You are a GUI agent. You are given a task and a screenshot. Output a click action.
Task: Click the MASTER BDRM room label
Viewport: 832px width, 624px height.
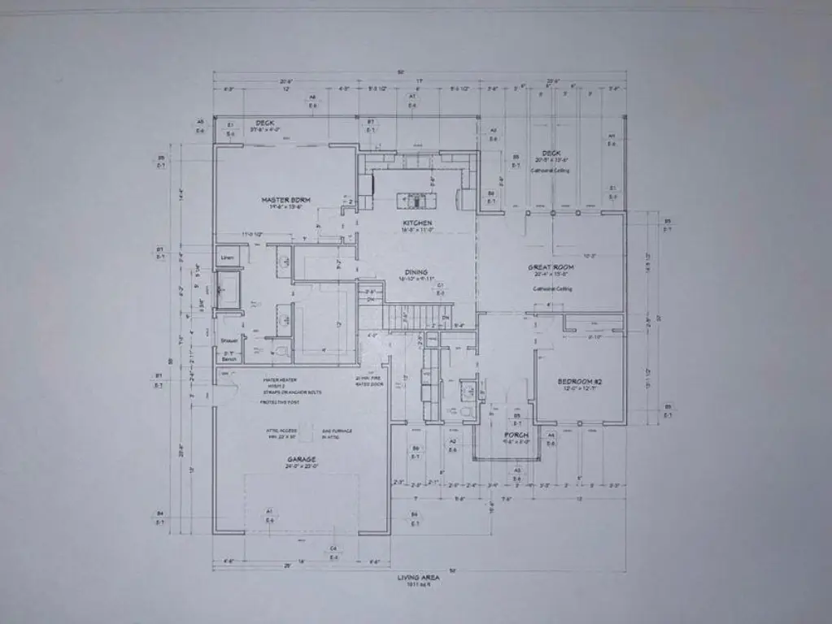[x=281, y=200]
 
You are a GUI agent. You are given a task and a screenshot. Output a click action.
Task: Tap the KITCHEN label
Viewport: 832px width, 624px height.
[x=416, y=223]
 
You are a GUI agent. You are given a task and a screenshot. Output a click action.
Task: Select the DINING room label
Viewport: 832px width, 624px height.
[x=416, y=273]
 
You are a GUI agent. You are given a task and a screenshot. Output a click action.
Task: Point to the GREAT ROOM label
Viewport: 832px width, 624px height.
[x=552, y=267]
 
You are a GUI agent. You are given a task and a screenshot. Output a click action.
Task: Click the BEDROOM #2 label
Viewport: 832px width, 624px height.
[x=578, y=381]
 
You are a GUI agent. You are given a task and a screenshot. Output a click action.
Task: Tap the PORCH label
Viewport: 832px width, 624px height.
[x=516, y=435]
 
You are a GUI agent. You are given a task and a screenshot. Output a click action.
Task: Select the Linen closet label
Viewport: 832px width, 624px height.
[x=227, y=258]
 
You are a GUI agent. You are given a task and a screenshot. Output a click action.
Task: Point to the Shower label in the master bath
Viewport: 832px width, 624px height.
[x=228, y=340]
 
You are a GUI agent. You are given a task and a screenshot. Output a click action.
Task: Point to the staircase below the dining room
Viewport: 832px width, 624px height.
[x=404, y=316]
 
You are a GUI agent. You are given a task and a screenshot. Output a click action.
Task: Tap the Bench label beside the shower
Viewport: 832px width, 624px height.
[x=229, y=358]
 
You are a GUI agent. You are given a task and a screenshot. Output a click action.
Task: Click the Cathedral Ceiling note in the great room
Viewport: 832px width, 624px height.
[x=552, y=289]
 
